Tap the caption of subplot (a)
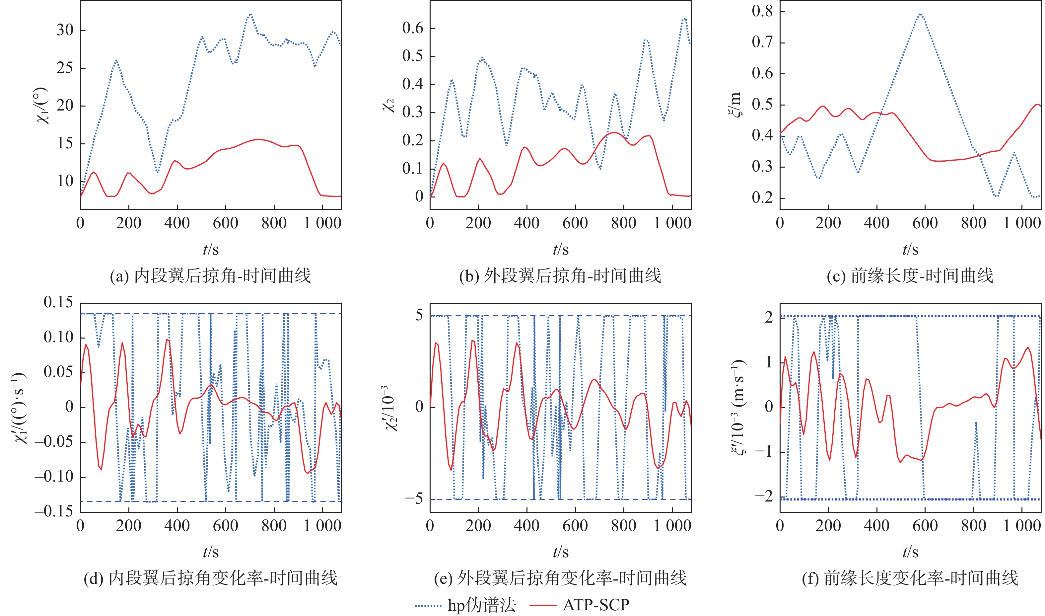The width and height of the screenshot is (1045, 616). point(210,275)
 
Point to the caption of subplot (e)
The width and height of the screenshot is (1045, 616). point(560,578)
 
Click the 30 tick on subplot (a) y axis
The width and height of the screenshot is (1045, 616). point(65,30)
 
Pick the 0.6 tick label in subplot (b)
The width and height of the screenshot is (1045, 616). point(413,28)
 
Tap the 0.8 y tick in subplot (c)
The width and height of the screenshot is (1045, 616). point(762,11)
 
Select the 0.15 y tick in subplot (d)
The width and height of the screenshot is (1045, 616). point(58,302)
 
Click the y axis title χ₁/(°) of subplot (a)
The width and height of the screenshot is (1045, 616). point(43,106)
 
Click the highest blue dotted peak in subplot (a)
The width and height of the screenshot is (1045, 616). point(250,14)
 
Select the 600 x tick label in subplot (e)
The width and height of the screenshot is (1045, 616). point(575,526)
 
